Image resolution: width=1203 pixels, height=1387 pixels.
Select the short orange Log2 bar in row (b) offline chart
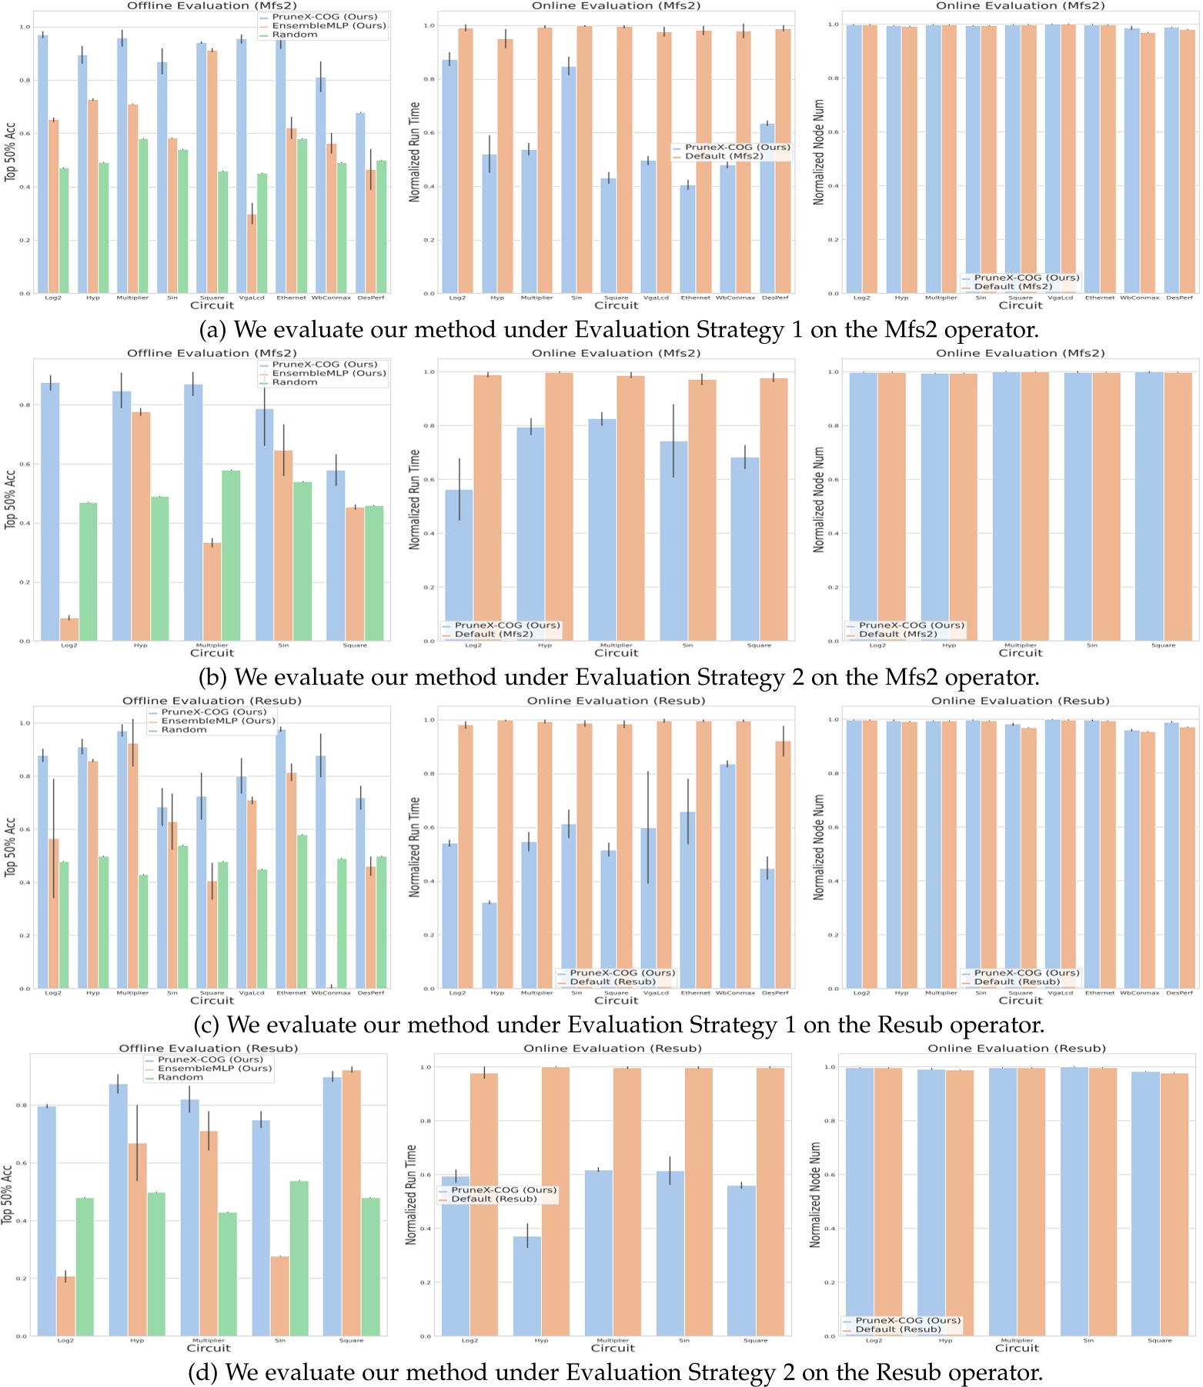point(69,628)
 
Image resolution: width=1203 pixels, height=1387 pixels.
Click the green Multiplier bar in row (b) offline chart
point(231,555)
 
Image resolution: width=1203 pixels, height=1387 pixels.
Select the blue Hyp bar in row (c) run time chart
point(490,945)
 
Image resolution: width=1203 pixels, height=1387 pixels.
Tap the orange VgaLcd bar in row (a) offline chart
point(252,254)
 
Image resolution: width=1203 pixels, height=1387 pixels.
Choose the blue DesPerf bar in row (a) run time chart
point(767,208)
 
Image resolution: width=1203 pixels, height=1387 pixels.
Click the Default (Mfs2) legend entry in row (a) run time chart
point(723,156)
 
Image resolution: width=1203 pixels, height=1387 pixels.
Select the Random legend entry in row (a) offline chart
point(294,35)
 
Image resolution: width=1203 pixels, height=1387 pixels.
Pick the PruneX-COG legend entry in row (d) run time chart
point(503,1189)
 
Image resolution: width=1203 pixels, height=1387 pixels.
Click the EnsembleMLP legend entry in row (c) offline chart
point(217,721)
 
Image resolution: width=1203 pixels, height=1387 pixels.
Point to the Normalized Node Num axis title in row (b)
point(819,499)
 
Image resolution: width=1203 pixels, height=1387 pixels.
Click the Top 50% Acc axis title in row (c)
point(10,846)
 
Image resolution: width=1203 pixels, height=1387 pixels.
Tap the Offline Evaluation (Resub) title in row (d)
point(208,1048)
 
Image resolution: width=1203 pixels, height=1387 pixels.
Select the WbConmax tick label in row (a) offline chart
point(331,298)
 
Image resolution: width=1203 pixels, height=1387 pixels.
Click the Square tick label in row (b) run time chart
point(759,645)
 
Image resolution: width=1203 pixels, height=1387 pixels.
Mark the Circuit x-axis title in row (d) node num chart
point(1017,1348)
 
